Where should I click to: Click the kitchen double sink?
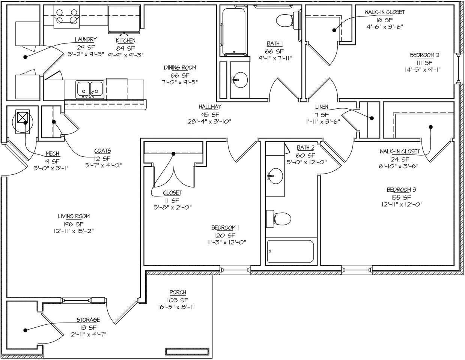click(90, 90)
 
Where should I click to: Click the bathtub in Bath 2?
click(290, 252)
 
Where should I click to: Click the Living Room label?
click(74, 216)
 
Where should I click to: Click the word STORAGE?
click(88, 320)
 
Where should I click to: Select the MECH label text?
click(52, 153)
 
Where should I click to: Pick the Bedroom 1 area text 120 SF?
click(225, 235)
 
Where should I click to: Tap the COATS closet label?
click(102, 151)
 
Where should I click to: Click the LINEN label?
click(322, 107)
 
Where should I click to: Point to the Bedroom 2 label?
click(424, 55)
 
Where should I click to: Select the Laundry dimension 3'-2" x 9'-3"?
click(86, 55)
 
